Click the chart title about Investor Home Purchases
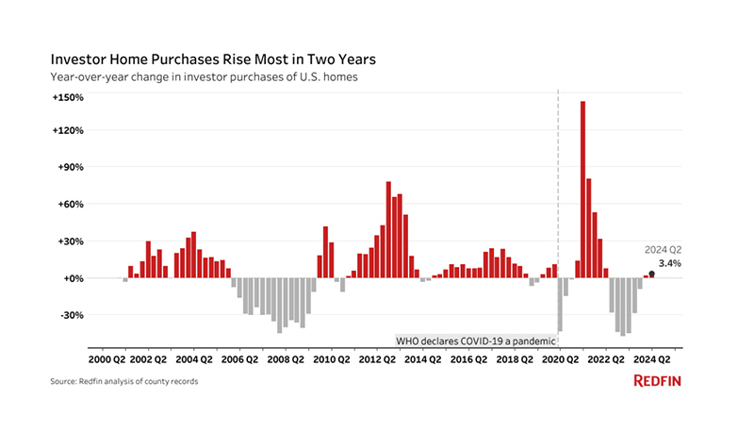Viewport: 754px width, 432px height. coord(213,58)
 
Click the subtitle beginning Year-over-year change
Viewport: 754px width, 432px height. coord(204,76)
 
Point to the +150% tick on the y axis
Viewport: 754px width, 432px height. coord(69,97)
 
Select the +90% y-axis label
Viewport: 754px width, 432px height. coord(72,167)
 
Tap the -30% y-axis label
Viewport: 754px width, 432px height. coord(72,315)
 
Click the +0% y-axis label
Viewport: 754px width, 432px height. coord(74,278)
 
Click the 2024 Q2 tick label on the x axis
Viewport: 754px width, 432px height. coord(652,358)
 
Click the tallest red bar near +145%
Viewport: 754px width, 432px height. coord(583,189)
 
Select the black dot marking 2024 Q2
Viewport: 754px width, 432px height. coord(652,274)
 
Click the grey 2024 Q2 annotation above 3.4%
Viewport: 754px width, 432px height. coord(663,249)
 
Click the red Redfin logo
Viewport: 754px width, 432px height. coord(658,381)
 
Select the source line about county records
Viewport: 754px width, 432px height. coord(124,381)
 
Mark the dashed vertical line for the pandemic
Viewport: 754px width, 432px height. coord(559,189)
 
